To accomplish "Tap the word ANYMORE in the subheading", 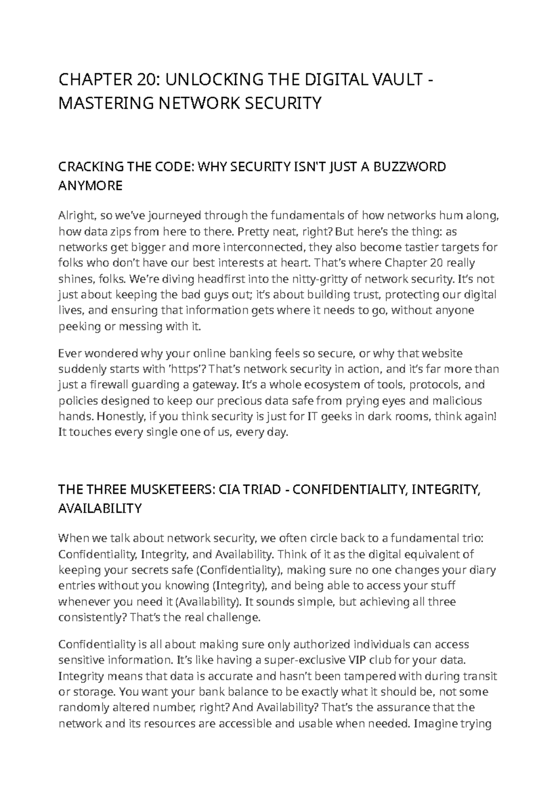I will tap(90, 186).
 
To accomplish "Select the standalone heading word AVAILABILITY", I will tap(99, 508).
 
